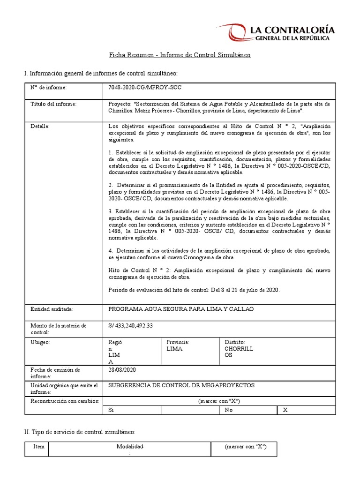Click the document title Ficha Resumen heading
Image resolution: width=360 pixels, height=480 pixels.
(x=180, y=55)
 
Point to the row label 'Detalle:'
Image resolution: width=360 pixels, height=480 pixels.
(x=40, y=126)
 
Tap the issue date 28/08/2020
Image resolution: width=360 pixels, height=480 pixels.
(x=121, y=369)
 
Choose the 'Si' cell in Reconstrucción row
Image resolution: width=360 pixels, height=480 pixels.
(x=111, y=410)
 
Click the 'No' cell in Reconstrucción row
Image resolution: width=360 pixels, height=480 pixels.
(x=229, y=410)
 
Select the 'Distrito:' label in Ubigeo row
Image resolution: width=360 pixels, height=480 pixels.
(x=235, y=342)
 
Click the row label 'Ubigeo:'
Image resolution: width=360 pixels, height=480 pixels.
(x=40, y=342)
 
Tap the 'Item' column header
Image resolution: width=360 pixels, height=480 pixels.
(x=39, y=447)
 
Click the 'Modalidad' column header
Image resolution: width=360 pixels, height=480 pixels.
(x=130, y=447)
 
